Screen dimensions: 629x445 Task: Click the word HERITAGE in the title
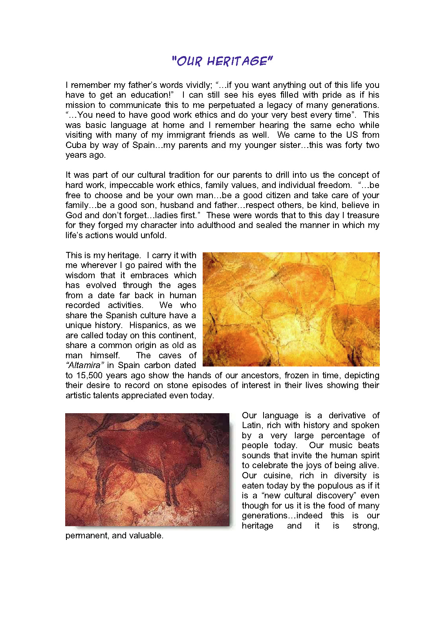click(x=240, y=61)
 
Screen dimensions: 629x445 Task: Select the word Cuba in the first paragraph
click(x=76, y=145)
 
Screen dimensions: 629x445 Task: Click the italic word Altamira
click(x=85, y=365)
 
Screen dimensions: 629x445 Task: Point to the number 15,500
click(x=90, y=376)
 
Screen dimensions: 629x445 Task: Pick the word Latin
click(x=252, y=425)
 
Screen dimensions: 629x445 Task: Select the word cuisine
click(x=278, y=476)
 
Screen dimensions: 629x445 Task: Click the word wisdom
click(x=80, y=275)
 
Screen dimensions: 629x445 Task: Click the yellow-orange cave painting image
click(x=291, y=309)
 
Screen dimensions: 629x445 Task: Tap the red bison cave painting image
click(x=147, y=469)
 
